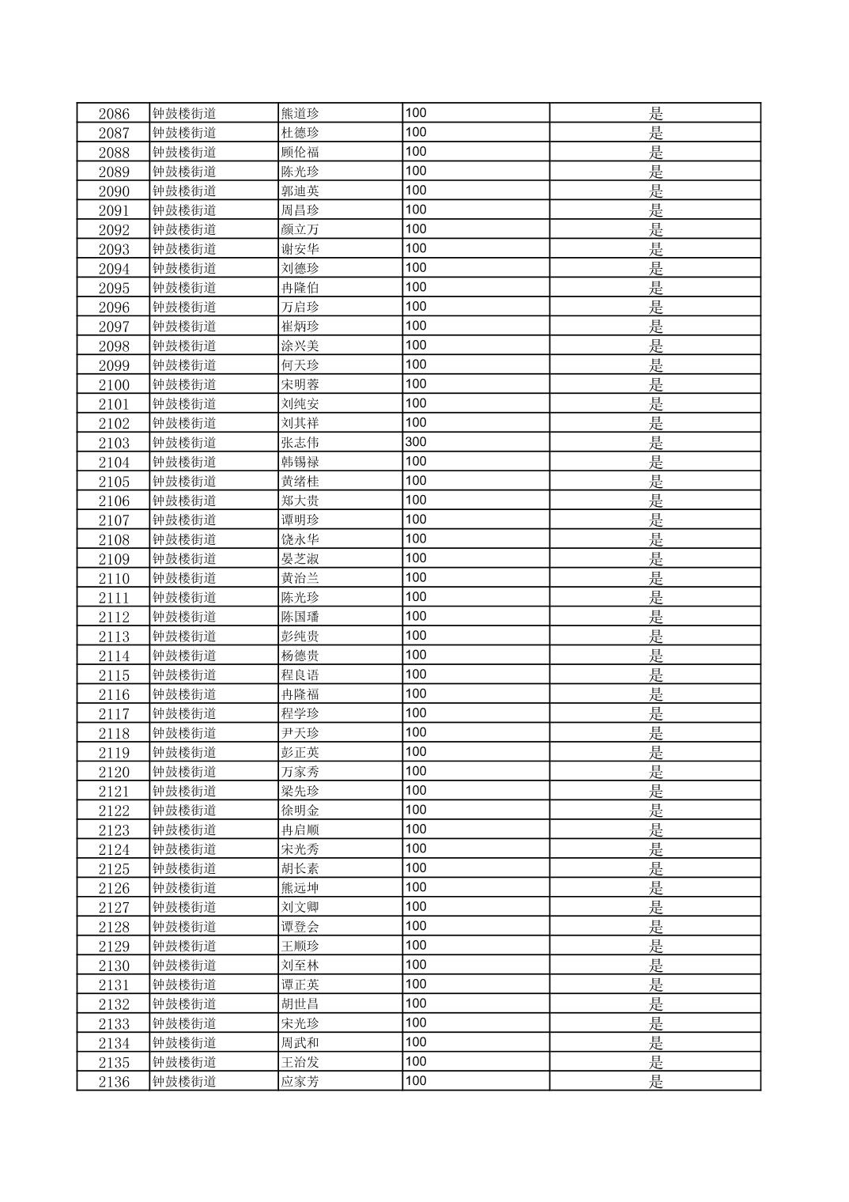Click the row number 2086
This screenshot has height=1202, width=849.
(x=114, y=113)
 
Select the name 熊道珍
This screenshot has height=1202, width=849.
(x=300, y=113)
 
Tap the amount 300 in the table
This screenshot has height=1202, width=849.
(x=416, y=442)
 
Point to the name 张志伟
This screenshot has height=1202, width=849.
(x=300, y=443)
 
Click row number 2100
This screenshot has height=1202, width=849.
(x=114, y=384)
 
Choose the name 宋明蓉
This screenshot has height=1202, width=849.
(x=300, y=384)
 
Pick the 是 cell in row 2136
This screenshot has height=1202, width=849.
(x=655, y=1082)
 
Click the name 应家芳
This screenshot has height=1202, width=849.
(x=300, y=1082)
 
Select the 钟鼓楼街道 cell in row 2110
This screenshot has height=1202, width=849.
(x=184, y=578)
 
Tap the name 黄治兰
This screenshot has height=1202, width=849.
(x=300, y=578)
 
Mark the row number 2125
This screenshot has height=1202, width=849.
(x=114, y=868)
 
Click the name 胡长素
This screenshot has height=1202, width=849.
(x=300, y=868)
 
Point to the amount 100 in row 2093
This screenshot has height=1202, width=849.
(x=416, y=248)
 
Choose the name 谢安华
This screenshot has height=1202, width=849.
(x=300, y=249)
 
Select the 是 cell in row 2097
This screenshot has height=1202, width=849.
(x=655, y=327)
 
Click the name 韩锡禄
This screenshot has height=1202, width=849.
(x=300, y=462)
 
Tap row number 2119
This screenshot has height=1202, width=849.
(x=114, y=752)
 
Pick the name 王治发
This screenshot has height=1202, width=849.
(x=300, y=1062)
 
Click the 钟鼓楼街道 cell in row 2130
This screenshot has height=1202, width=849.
(x=184, y=966)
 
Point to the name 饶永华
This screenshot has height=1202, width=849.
(x=300, y=539)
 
